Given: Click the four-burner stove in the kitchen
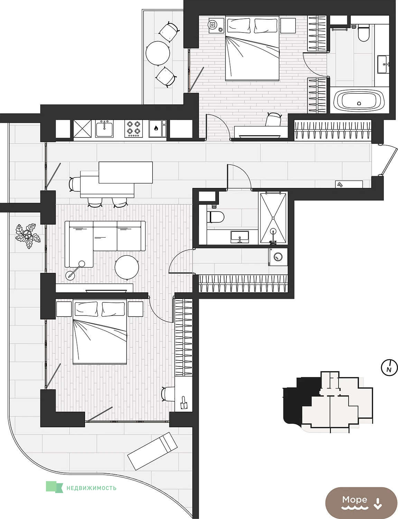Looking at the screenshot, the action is [133, 129].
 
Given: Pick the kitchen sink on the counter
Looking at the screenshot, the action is [104, 129].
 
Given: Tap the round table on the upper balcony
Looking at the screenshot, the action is [158, 53].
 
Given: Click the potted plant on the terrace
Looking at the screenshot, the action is [28, 236].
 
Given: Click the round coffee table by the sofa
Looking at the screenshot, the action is [127, 267].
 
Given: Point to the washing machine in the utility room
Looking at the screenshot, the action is [278, 257].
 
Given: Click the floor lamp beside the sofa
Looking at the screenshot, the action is [75, 270].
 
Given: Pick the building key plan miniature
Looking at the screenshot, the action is [328, 402].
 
